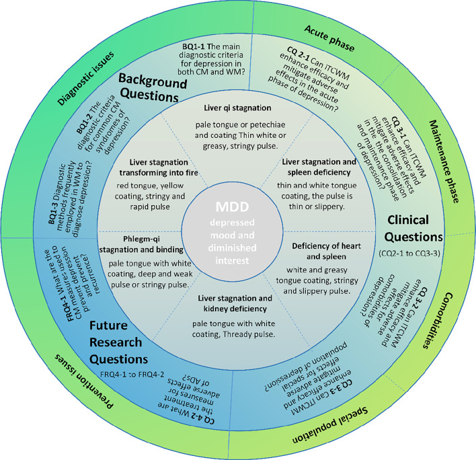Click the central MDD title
point(232,206)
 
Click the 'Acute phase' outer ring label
point(329,38)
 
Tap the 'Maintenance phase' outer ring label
point(444,161)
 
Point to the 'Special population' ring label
point(330,425)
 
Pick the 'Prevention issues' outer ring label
point(84,381)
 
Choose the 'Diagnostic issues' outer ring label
point(86,79)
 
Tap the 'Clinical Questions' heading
point(412,229)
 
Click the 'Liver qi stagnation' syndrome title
point(237,108)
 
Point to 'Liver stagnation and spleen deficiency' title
point(319,167)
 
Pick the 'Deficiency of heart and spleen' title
point(326,251)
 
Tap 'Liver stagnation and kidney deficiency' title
point(235,303)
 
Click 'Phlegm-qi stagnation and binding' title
point(141,244)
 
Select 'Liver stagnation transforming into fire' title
point(159,167)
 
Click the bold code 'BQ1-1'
point(193,47)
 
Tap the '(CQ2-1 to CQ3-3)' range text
point(409,253)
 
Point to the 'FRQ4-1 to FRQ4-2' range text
point(132,374)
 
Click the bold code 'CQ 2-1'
point(298,54)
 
